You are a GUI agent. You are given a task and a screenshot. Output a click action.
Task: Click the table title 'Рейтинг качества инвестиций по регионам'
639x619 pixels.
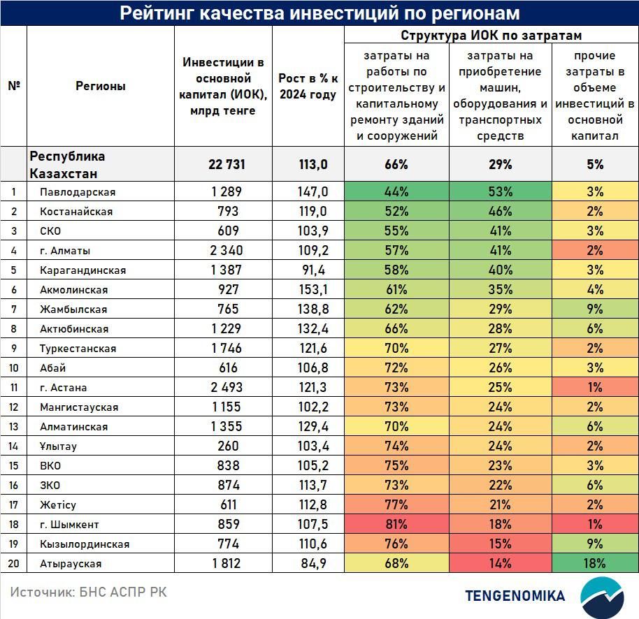pyautogui.click(x=319, y=13)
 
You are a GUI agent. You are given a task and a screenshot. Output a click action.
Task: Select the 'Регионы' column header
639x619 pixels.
pyautogui.click(x=101, y=87)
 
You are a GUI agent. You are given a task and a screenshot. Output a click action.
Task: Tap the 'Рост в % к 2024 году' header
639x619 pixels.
pyautogui.click(x=308, y=87)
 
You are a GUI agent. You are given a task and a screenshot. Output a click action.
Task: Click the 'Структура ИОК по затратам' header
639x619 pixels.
pyautogui.click(x=491, y=36)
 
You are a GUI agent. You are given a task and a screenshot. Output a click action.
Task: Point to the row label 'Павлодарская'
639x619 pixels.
pyautogui.click(x=78, y=192)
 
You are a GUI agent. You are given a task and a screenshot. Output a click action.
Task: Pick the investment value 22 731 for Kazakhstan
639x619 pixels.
pyautogui.click(x=223, y=165)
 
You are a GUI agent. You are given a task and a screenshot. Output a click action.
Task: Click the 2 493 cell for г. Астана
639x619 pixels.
pyautogui.click(x=223, y=388)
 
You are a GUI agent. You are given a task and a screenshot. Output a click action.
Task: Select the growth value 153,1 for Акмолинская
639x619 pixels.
pyautogui.click(x=308, y=290)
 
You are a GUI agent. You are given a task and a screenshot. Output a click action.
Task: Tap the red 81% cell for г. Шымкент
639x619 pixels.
pyautogui.click(x=396, y=525)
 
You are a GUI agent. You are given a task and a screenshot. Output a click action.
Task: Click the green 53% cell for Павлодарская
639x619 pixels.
pyautogui.click(x=500, y=192)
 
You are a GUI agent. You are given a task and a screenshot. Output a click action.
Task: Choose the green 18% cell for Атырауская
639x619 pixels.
pyautogui.click(x=594, y=564)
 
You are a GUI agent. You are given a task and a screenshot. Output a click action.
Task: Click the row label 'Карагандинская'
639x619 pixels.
pyautogui.click(x=83, y=270)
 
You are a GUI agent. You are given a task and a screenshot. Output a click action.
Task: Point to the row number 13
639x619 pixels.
pyautogui.click(x=13, y=427)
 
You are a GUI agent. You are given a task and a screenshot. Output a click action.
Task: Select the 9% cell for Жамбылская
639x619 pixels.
pyautogui.click(x=594, y=309)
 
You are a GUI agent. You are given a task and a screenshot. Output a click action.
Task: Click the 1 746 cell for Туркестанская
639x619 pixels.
pyautogui.click(x=223, y=349)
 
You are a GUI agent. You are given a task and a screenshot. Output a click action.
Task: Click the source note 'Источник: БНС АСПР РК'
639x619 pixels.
pyautogui.click(x=88, y=592)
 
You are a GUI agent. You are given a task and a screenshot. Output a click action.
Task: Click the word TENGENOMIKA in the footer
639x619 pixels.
pyautogui.click(x=515, y=596)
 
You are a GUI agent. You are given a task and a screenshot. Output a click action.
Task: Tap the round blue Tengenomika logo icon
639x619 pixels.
pyautogui.click(x=602, y=596)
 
